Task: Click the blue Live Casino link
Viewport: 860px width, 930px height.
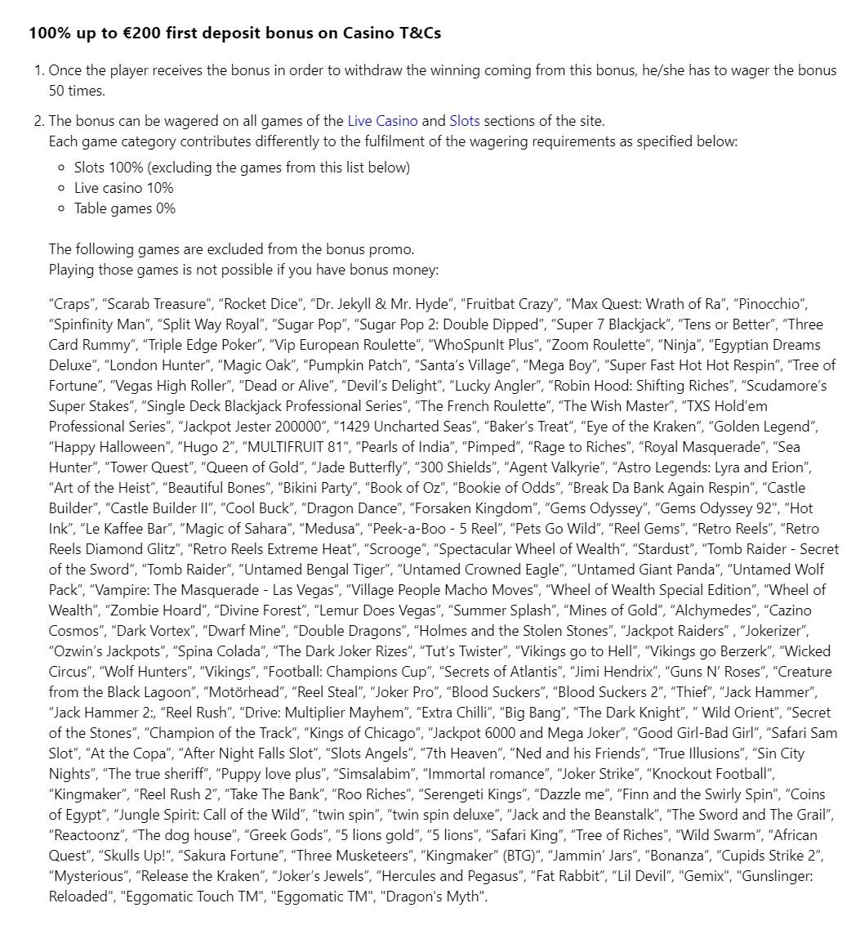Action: coord(382,121)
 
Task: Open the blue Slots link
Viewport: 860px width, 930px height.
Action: coord(464,121)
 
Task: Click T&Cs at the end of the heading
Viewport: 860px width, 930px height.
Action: coord(420,33)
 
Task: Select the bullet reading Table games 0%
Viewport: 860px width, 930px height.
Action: coord(124,208)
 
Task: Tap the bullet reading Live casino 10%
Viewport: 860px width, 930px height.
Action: coord(123,188)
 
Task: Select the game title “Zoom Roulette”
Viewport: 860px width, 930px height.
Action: coord(611,345)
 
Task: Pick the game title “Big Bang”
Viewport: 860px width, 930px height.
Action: coord(528,713)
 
